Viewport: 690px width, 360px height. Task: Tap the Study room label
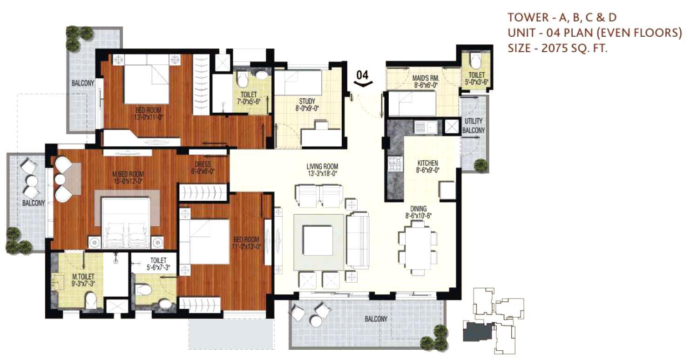307,104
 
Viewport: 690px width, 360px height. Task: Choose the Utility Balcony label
474,126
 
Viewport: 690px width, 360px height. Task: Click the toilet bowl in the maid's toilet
475,61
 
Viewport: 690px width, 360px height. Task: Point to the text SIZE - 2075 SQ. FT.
557,48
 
